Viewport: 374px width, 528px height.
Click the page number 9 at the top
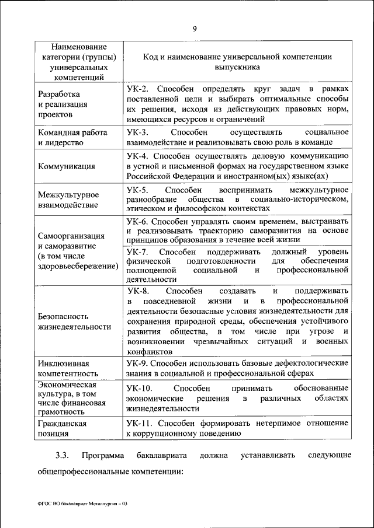pyautogui.click(x=195, y=28)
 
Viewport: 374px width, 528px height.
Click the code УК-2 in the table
pyautogui.click(x=138, y=88)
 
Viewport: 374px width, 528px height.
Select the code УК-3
pyautogui.click(x=138, y=132)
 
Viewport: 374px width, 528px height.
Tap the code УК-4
pyautogui.click(x=138, y=156)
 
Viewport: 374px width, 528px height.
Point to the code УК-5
pyautogui.click(x=138, y=190)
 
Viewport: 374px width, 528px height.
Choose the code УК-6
pyautogui.click(x=138, y=222)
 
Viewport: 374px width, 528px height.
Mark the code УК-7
pyautogui.click(x=138, y=252)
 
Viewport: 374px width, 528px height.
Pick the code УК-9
pyautogui.click(x=138, y=363)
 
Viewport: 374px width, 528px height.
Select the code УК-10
pyautogui.click(x=140, y=388)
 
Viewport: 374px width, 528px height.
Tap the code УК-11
pyautogui.click(x=140, y=422)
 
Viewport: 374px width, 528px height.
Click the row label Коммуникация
pyautogui.click(x=66, y=166)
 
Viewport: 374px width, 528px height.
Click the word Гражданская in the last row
pyautogui.click(x=63, y=424)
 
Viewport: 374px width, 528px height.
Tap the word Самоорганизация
pyautogui.click(x=71, y=236)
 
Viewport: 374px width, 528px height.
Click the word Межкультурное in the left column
pyautogui.click(x=67, y=195)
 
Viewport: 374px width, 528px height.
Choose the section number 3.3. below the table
pyautogui.click(x=63, y=454)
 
